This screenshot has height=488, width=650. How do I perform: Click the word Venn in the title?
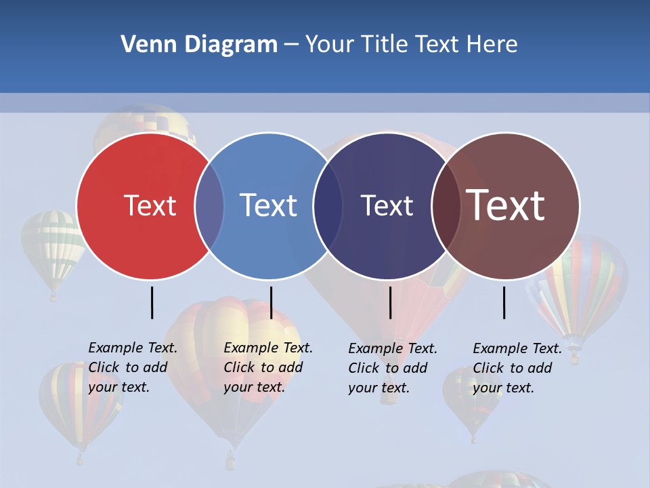pos(144,45)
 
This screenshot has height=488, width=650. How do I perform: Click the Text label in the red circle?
pos(150,205)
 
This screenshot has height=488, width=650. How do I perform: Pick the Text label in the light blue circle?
pos(268,205)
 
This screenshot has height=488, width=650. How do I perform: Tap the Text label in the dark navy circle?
pos(387,205)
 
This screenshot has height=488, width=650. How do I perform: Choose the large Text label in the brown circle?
pos(505,205)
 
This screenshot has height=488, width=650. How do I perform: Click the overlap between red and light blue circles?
pos(209,205)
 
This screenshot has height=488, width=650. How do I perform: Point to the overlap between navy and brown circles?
pos(446,205)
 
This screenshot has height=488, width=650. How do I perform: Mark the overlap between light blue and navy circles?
pos(328,205)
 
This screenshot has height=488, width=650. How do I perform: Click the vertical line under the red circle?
pos(152,302)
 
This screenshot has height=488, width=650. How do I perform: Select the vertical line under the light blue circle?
pos(271,302)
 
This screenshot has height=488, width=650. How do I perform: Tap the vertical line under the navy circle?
pos(390,302)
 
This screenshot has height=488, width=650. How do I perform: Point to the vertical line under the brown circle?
pos(504,302)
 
